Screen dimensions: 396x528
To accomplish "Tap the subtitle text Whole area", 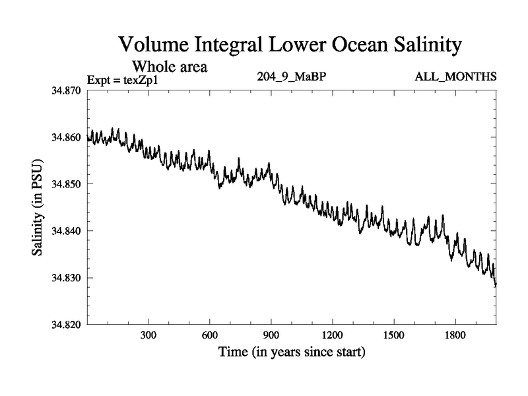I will tap(170, 66).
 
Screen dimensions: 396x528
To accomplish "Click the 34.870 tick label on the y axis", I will tap(66, 90).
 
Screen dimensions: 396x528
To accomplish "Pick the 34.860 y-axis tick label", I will tap(66, 137).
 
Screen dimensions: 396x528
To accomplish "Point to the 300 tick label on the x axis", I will tap(148, 335).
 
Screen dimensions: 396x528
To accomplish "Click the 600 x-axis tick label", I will tap(210, 335).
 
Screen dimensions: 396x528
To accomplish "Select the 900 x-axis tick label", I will tap(271, 335).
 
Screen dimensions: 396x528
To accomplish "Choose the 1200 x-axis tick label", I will tap(333, 335).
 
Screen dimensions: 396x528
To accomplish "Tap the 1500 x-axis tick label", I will tap(394, 335).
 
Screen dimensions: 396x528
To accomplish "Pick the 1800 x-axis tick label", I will tap(455, 335).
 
